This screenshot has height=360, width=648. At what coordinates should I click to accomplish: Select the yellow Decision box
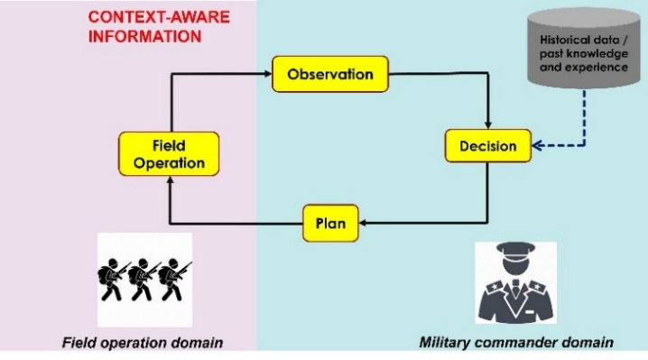click(488, 145)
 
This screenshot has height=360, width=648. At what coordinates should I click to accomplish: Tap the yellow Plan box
click(329, 223)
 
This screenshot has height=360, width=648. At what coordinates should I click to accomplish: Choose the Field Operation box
click(169, 153)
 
